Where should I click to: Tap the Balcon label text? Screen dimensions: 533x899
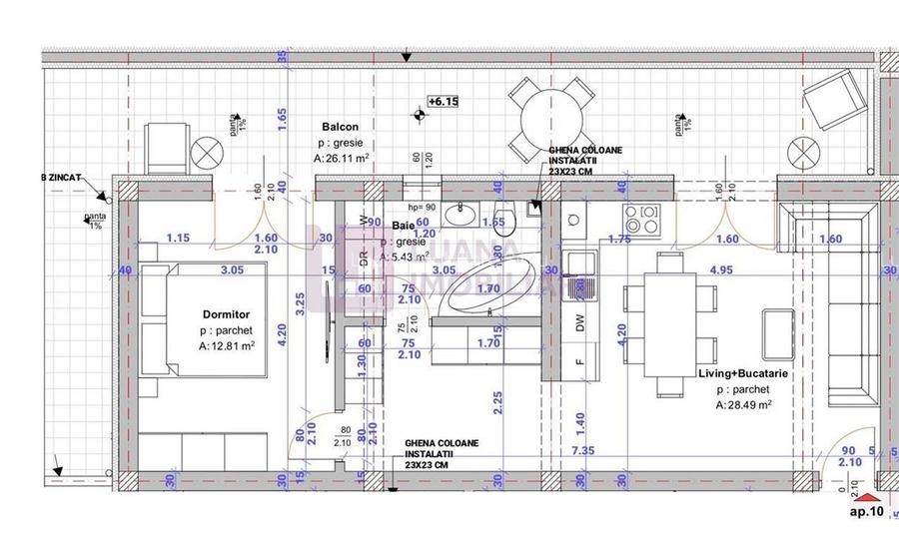point(340,127)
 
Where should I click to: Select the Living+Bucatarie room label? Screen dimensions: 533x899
point(745,372)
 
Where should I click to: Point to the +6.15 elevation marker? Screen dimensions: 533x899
point(443,101)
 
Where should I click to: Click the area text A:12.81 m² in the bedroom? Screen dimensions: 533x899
point(229,346)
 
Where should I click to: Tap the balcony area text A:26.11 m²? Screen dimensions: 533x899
point(342,159)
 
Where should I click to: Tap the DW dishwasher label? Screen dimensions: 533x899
point(578,321)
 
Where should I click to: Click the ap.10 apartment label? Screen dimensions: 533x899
point(866,512)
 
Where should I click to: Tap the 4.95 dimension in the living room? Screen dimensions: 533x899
point(721,269)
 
